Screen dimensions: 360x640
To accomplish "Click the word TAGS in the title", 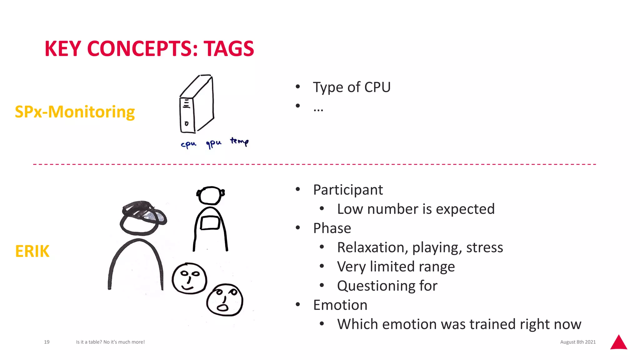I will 229,49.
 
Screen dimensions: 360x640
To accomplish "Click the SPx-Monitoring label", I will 75,112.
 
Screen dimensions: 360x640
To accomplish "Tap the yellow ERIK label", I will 32,251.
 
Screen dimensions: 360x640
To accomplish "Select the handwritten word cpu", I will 188,144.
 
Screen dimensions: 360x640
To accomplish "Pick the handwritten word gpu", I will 213,143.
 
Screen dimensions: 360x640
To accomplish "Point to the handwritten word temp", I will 239,142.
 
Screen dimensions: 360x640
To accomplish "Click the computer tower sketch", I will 197,104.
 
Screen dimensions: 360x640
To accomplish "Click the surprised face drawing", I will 225,300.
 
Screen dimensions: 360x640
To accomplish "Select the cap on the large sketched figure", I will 144,212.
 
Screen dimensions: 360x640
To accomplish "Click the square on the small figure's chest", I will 210,223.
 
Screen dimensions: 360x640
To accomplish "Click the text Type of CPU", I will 352,87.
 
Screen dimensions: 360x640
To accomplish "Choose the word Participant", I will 348,190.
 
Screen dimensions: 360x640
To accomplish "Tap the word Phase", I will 332,228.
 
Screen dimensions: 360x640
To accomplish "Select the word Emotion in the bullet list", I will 340,305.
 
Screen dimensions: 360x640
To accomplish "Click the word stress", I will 484,247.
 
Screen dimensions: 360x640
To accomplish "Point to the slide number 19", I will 47,342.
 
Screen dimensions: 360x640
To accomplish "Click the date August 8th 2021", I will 578,342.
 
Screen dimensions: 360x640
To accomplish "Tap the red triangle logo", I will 618,343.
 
